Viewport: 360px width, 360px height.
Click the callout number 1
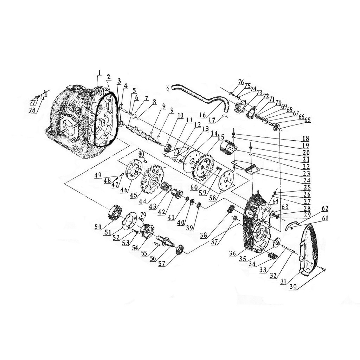[x=99, y=73]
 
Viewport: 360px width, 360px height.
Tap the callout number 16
[x=203, y=115]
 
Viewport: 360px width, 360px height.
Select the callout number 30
[x=293, y=287]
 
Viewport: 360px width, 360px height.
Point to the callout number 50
[x=98, y=227]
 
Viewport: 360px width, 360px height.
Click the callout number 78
[x=33, y=110]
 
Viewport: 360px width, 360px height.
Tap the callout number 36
[x=232, y=253]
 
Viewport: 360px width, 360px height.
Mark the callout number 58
[x=212, y=198]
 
